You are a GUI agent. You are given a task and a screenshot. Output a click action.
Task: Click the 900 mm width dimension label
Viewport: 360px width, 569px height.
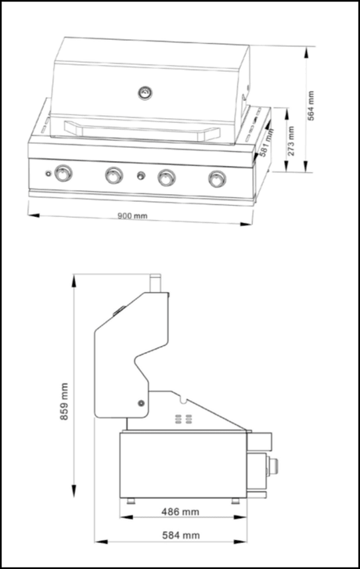(134, 215)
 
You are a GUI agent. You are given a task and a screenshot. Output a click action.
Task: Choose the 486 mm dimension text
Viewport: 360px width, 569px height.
(179, 512)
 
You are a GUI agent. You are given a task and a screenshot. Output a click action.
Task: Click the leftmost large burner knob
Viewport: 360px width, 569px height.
(63, 174)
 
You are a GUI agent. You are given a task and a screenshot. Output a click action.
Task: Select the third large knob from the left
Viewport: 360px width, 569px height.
(165, 178)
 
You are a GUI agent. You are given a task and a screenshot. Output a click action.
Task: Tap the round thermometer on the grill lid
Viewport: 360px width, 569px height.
(144, 94)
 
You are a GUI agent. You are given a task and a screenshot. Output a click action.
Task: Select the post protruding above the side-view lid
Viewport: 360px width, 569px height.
(156, 283)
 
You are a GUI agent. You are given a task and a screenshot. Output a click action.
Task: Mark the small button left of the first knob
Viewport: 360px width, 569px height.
(49, 173)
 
